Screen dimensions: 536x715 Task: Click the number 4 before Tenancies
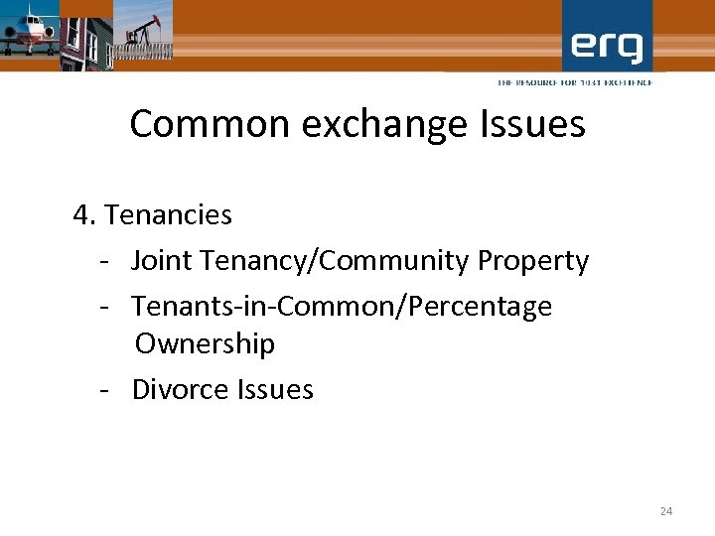(82, 214)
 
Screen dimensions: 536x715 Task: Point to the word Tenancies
(168, 214)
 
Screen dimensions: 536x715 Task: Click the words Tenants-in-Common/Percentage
(342, 307)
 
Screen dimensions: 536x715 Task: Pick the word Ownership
(205, 344)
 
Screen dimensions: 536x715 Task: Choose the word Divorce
(180, 389)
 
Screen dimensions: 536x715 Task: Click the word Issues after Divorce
(275, 389)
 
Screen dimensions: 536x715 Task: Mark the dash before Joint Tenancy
(103, 262)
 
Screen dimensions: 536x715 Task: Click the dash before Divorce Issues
(103, 390)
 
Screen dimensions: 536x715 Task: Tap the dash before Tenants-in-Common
(103, 308)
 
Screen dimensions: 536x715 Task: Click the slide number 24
(665, 511)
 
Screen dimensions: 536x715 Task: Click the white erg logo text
(607, 46)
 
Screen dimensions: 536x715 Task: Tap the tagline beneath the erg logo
(575, 82)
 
